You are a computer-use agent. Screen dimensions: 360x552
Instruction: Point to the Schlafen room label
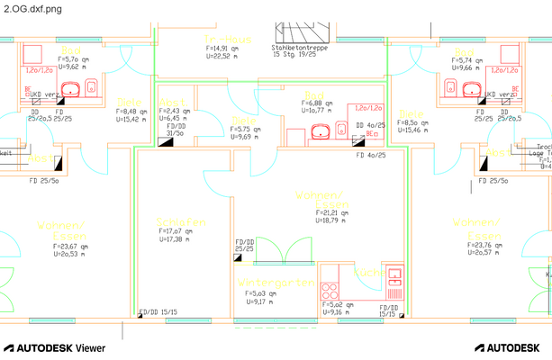181,221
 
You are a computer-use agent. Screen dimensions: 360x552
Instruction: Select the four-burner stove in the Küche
330,290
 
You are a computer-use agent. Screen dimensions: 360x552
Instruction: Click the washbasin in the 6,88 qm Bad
319,132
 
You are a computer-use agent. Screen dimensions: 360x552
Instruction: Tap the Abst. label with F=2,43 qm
172,102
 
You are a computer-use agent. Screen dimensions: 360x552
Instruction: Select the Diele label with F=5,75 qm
241,120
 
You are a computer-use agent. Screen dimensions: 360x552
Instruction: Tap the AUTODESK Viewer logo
55,347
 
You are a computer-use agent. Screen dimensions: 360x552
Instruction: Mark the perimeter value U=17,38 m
176,239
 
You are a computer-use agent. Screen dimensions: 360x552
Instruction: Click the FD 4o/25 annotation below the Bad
371,155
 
